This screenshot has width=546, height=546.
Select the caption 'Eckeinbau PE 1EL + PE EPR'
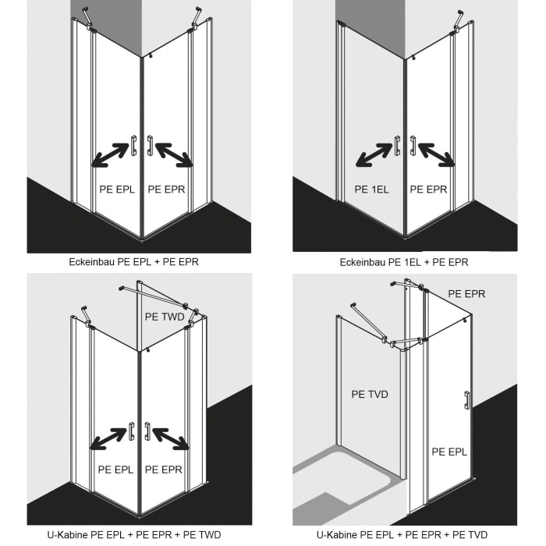point(404,262)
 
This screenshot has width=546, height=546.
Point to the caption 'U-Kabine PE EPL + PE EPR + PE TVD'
point(404,535)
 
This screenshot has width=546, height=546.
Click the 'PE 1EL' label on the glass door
point(371,189)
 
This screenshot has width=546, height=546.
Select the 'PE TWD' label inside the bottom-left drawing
point(164,317)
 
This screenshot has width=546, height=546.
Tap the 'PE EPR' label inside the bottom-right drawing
point(467,294)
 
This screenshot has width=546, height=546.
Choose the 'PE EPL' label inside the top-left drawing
point(117,189)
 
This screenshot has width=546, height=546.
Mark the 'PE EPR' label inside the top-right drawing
point(428,189)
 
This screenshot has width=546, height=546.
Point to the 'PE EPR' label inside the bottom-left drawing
point(164,470)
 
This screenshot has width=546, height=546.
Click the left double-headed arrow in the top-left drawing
point(110,154)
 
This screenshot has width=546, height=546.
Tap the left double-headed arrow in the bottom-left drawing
point(109,438)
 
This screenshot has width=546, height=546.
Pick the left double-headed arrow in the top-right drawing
point(374,154)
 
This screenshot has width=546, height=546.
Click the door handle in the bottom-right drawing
point(466,400)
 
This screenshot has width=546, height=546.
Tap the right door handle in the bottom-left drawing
point(147,430)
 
